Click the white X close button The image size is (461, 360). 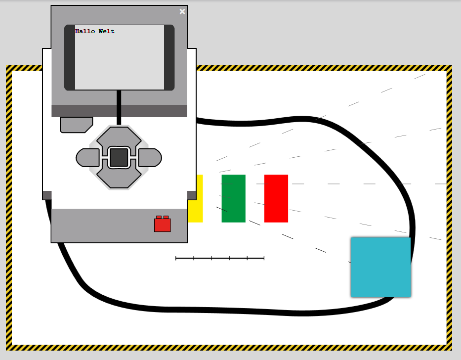click(x=182, y=12)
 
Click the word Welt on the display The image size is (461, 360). click(x=107, y=32)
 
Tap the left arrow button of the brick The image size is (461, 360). click(x=87, y=158)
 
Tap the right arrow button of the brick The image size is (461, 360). click(x=150, y=158)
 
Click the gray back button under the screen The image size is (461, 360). click(x=76, y=124)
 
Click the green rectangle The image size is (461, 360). click(x=233, y=198)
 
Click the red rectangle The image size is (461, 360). click(x=276, y=198)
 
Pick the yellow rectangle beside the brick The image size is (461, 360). click(x=196, y=198)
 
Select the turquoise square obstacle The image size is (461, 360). click(x=380, y=267)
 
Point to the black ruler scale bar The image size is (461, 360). click(x=220, y=258)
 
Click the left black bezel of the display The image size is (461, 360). click(x=70, y=57)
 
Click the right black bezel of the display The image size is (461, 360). click(x=169, y=57)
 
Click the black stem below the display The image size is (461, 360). click(x=119, y=107)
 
